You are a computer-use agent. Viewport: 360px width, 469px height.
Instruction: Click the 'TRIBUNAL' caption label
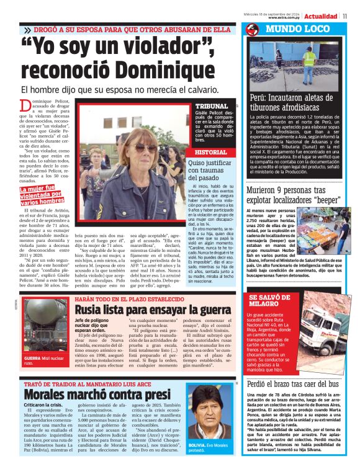coord(210,106)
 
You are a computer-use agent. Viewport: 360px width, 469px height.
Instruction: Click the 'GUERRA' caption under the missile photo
coord(32,359)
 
